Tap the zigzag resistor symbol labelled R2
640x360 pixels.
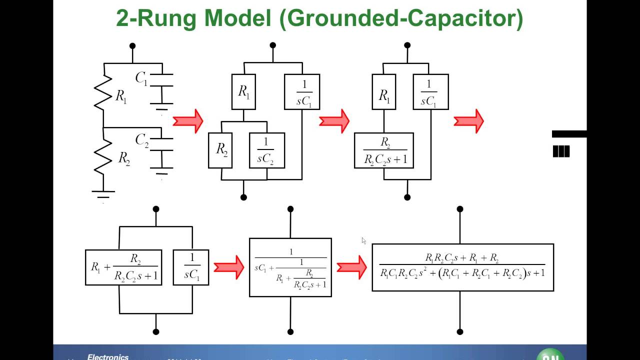point(103,157)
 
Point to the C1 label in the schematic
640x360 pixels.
point(141,78)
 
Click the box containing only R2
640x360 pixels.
point(220,150)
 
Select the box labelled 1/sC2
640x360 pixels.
point(267,150)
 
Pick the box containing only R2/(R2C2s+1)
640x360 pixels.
point(384,150)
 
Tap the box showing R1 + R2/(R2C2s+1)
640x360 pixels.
point(123,267)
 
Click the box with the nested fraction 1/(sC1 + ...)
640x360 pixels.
point(290,267)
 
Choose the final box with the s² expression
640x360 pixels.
point(462,267)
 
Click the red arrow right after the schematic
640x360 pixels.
point(188,121)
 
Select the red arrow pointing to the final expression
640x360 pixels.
point(351,267)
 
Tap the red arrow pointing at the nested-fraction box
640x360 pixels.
point(228,267)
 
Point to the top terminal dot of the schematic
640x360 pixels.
point(132,46)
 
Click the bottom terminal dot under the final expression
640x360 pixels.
point(460,331)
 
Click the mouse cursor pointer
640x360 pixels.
point(363,240)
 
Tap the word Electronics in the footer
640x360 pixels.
point(107,357)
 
